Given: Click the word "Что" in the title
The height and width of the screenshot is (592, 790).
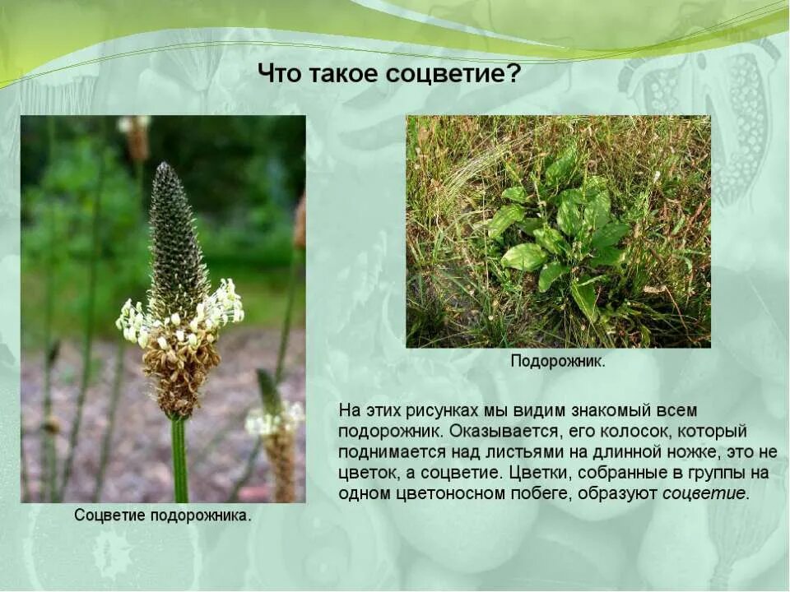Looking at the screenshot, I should [x=281, y=75].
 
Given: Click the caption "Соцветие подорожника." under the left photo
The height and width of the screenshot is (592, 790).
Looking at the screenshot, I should [x=163, y=516].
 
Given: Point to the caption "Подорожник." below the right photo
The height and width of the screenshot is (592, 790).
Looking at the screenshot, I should [x=558, y=362].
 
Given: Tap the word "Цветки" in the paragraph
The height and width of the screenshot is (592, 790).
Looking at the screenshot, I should [x=537, y=474].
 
